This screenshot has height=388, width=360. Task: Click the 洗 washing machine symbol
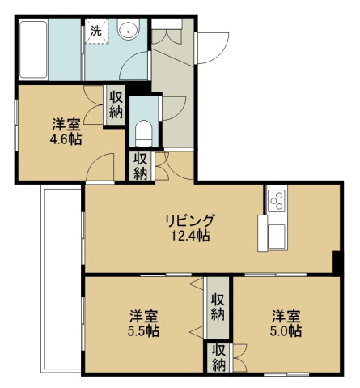click(x=96, y=32)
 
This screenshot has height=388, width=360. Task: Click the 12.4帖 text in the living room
click(x=191, y=236)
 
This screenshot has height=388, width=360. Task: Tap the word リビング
click(x=191, y=220)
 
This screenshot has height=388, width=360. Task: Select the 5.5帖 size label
click(x=142, y=330)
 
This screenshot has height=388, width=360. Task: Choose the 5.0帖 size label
click(x=286, y=330)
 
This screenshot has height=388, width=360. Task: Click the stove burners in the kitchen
click(x=276, y=199)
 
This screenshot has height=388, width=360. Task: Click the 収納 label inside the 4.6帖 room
click(x=116, y=104)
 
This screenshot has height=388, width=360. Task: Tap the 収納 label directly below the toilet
click(x=140, y=167)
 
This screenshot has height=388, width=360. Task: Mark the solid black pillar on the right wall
click(x=337, y=262)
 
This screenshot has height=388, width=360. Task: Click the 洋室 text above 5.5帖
click(x=142, y=314)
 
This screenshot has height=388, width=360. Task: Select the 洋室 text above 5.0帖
click(x=286, y=314)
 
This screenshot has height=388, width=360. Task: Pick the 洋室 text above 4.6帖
click(x=64, y=123)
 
